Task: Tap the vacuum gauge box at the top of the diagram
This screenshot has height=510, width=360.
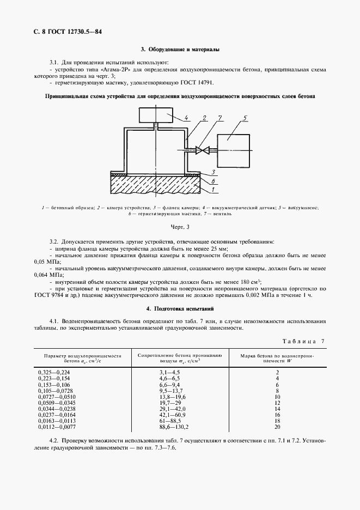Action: coord(156,116)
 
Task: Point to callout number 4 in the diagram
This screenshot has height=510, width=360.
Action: coord(185,117)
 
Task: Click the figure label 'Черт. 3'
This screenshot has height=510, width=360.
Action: coord(179,226)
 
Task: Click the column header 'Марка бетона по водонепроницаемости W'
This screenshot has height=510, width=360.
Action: coord(278,358)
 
